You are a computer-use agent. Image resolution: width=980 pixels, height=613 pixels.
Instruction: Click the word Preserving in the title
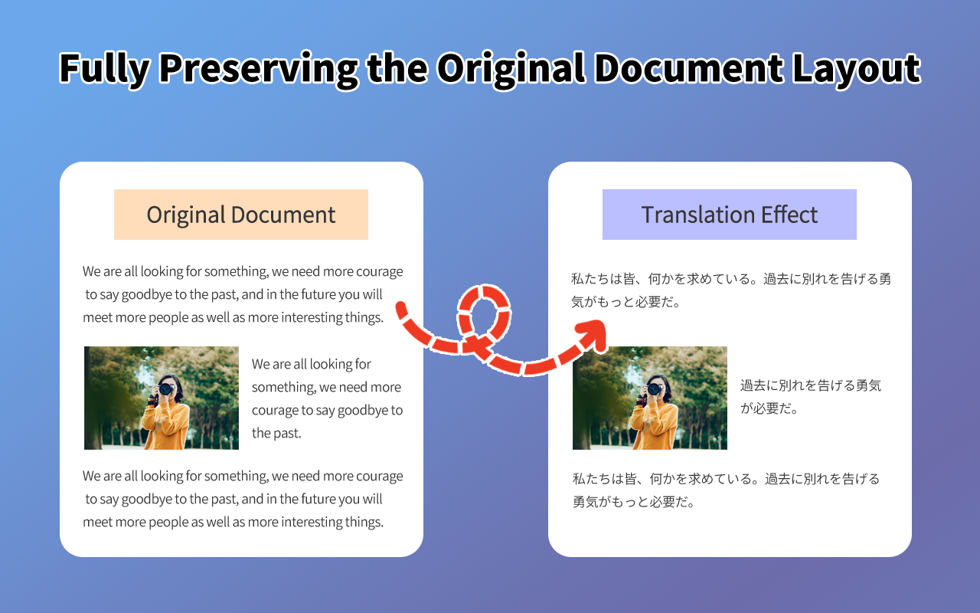(258, 68)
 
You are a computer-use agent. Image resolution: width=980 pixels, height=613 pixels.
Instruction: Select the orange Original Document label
(240, 215)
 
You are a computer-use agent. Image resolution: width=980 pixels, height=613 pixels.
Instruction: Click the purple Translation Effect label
(729, 215)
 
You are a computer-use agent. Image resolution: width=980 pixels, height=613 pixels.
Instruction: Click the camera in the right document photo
(654, 388)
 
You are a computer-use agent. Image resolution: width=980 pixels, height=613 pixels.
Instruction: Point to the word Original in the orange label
(185, 215)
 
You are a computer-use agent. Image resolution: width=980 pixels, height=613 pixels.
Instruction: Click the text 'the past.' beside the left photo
(276, 433)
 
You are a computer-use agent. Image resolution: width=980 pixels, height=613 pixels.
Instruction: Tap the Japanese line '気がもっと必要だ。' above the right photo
(626, 302)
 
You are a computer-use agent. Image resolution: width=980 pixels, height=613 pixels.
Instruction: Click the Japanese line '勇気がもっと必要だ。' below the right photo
(633, 503)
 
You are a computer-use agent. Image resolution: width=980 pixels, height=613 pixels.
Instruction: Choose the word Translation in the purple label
(691, 215)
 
